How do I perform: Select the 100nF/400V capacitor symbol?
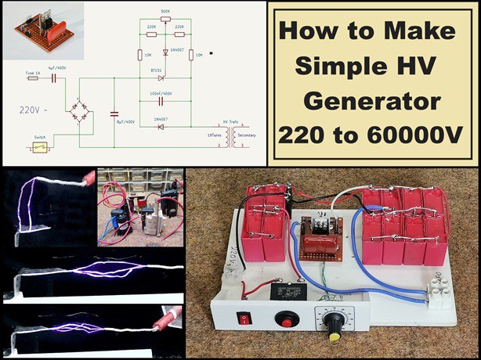pyautogui.click(x=161, y=100)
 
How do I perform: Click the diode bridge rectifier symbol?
pyautogui.click(x=81, y=111)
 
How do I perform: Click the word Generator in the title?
pyautogui.click(x=368, y=102)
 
